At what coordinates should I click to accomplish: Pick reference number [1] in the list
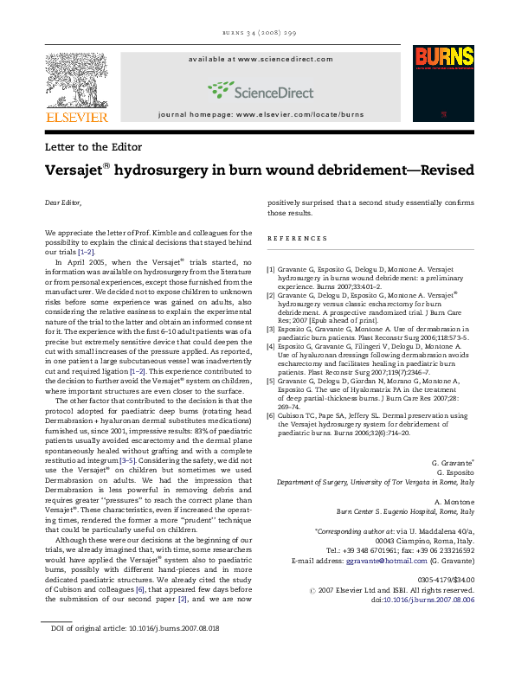click(x=271, y=269)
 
